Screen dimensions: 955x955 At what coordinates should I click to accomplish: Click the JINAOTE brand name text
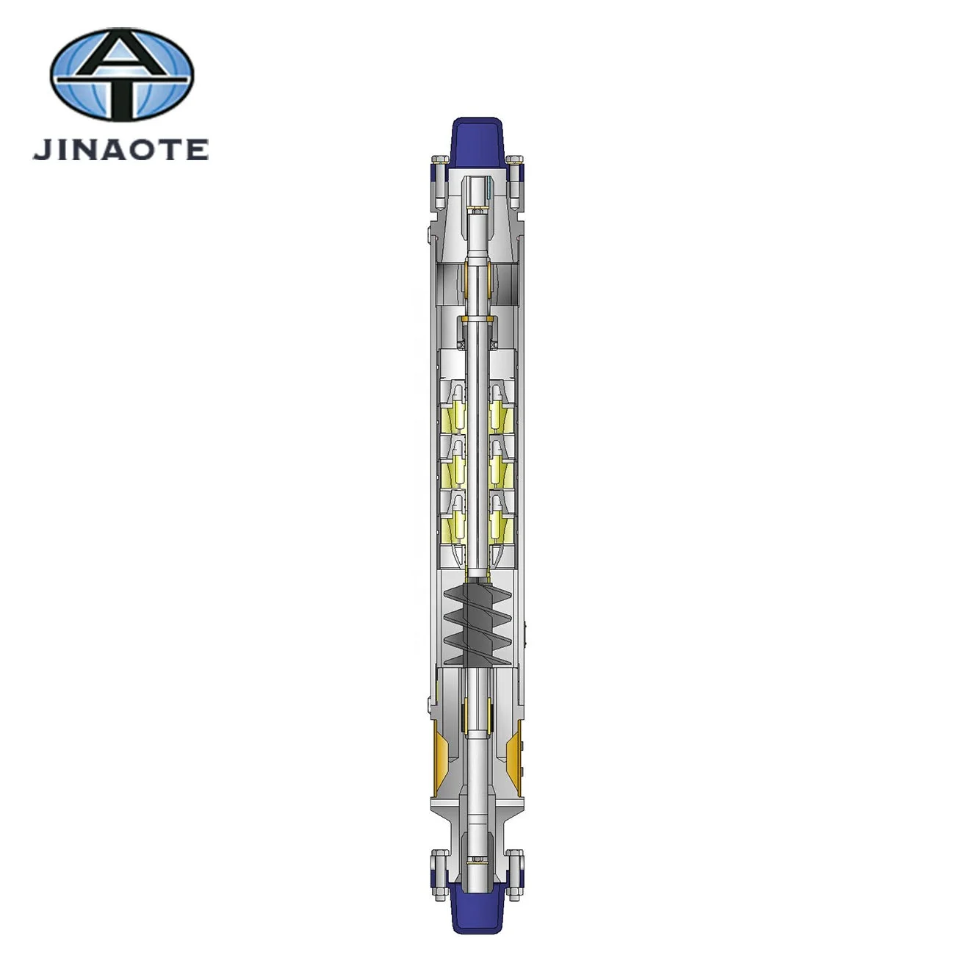120,149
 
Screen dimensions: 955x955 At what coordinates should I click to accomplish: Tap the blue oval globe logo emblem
122,77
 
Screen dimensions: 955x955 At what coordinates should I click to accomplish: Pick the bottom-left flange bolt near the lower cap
439,868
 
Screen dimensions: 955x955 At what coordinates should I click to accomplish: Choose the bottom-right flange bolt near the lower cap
516,868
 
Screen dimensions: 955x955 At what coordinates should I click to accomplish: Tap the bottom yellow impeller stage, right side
502,523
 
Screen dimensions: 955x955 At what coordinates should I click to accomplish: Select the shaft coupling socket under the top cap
478,192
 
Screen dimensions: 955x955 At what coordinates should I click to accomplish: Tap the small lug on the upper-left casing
427,234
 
